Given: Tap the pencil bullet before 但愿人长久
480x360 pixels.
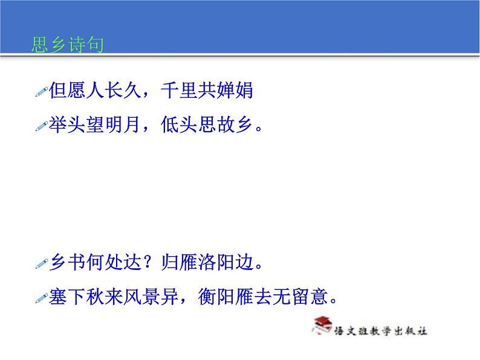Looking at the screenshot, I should click(41, 92).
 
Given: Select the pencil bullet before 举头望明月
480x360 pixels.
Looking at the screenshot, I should click(41, 126).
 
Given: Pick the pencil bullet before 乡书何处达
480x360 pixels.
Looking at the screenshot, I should click(41, 263).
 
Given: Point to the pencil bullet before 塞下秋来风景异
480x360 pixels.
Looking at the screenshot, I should click(41, 297).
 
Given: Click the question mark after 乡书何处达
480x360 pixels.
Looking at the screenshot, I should click(150, 263).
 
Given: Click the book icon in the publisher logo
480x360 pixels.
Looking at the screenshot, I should click(322, 327).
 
